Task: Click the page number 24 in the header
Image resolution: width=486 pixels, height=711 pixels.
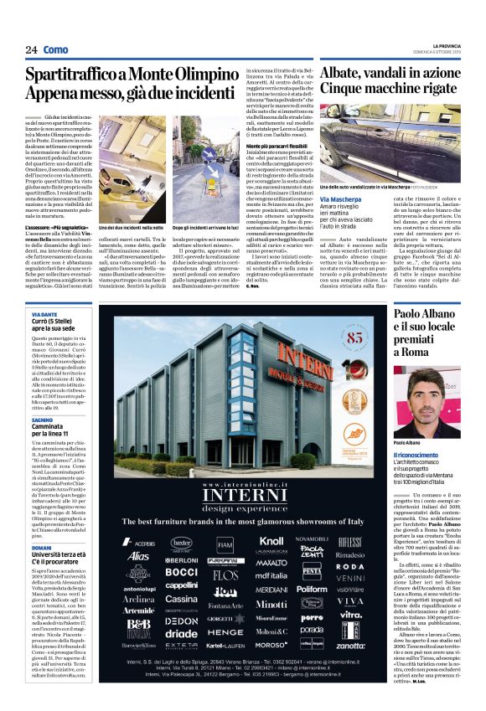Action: click(30, 50)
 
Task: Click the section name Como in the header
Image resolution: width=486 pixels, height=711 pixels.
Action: click(55, 50)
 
